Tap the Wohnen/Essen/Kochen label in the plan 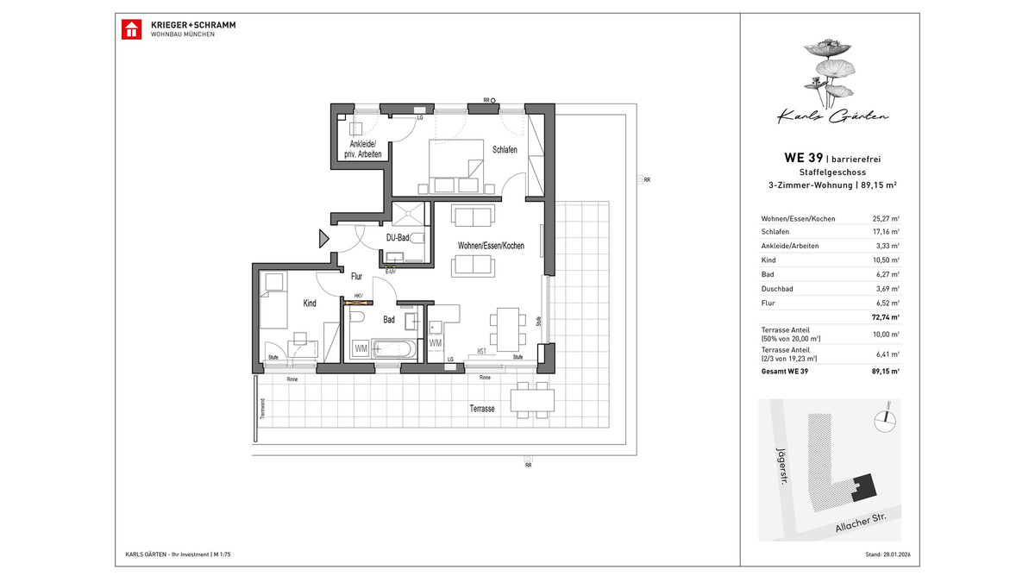pyautogui.click(x=491, y=247)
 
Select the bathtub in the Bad pyautogui.click(x=395, y=350)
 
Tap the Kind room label pyautogui.click(x=310, y=304)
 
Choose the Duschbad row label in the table pyautogui.click(x=775, y=289)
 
